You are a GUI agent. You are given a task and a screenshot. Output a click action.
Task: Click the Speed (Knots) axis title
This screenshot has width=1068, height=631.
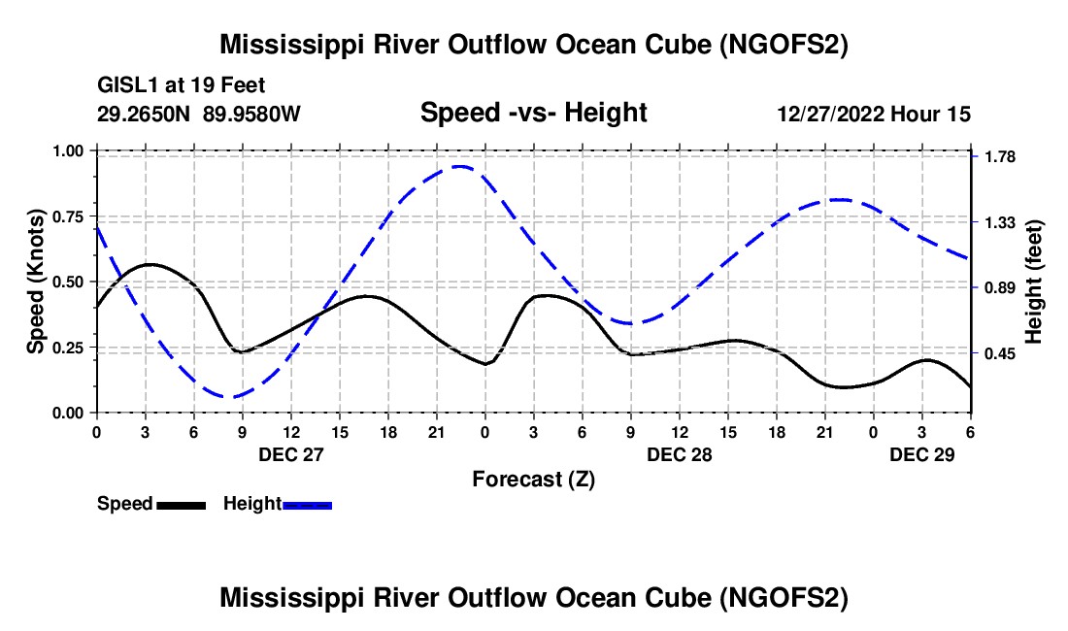[36, 282]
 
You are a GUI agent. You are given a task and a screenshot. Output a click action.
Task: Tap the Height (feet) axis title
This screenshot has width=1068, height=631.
[1033, 282]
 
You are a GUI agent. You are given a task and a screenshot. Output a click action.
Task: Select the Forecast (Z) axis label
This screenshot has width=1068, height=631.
[533, 479]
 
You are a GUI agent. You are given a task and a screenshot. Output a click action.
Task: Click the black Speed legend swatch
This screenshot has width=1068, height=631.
[181, 504]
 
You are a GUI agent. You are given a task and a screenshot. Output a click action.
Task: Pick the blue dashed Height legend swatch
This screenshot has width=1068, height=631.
[307, 504]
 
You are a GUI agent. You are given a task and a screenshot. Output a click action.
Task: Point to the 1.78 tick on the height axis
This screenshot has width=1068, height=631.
[1000, 157]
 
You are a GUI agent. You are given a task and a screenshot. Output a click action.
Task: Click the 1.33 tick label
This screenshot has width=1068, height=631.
[1000, 223]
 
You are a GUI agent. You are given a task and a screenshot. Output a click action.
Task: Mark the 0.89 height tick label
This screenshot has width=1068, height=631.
[1000, 288]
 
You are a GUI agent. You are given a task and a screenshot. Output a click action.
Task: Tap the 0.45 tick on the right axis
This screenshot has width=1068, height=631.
[1000, 354]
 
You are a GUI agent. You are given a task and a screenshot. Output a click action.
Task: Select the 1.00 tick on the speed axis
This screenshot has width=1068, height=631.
[67, 151]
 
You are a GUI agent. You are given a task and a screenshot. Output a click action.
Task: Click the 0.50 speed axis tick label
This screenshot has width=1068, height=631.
[67, 282]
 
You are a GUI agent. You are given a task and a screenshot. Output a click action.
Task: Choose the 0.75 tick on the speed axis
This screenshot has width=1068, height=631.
[67, 216]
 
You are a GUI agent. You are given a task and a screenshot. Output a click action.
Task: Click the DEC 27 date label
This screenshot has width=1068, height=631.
[290, 454]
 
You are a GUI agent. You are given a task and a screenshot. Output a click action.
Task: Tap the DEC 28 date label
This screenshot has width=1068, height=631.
[680, 454]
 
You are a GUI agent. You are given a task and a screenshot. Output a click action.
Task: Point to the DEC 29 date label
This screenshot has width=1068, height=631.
[922, 454]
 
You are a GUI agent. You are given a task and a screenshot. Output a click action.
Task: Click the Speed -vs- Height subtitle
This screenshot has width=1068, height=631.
[533, 114]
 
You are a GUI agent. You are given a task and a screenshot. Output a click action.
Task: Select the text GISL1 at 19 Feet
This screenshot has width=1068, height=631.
[181, 85]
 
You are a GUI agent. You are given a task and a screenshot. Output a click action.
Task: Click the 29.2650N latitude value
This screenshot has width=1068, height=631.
[146, 114]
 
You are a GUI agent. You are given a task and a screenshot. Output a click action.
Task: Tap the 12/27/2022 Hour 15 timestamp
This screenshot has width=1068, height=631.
[874, 114]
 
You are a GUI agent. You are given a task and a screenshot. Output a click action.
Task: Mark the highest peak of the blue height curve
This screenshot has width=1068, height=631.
[459, 167]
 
